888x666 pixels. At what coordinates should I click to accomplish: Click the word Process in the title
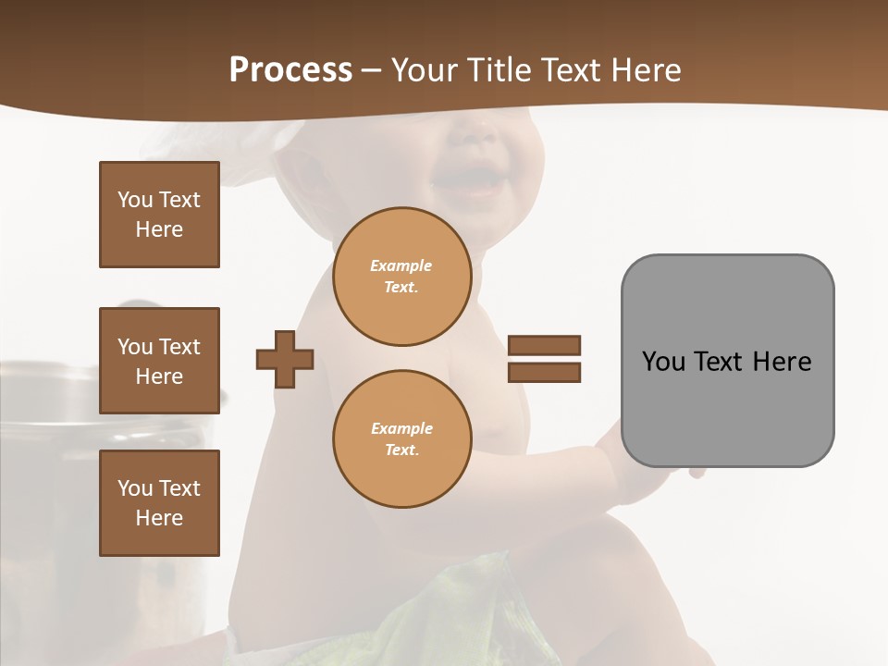(x=290, y=70)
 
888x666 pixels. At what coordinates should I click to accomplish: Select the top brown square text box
(x=159, y=215)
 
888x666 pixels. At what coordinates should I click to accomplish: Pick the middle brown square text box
(x=159, y=361)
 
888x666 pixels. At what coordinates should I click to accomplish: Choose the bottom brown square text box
(x=159, y=502)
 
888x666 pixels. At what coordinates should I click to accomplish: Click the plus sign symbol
(x=285, y=359)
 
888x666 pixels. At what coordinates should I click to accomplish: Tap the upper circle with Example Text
(x=401, y=276)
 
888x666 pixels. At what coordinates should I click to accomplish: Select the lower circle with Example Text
(x=401, y=438)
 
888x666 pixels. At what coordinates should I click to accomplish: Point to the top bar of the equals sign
(x=544, y=345)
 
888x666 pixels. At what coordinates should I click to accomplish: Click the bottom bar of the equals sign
(x=544, y=372)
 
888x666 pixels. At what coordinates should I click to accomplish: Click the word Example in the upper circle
(x=401, y=265)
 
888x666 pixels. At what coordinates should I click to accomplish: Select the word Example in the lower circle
(x=401, y=428)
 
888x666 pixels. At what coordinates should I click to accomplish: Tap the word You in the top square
(x=134, y=200)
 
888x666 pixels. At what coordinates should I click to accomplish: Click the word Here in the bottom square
(x=159, y=518)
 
